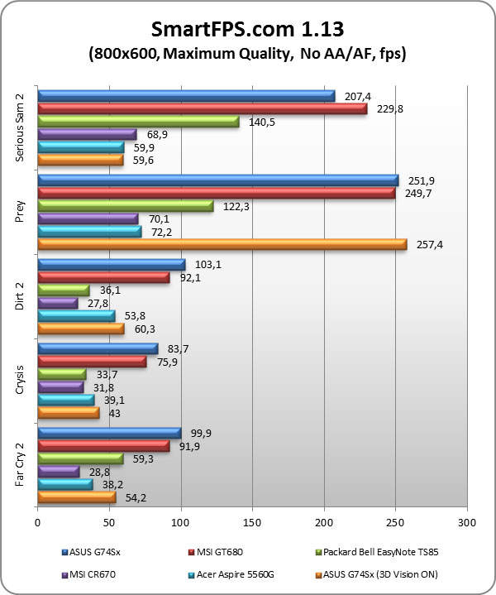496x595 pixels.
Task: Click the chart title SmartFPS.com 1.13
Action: (248, 30)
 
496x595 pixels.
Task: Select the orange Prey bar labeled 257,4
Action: (222, 244)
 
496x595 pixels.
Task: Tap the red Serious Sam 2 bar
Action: (203, 109)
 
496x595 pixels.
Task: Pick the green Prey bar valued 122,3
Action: (126, 205)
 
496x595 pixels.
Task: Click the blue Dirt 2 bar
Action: (112, 265)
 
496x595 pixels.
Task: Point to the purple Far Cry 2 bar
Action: (59, 471)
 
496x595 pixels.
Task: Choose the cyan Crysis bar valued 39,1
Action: (66, 400)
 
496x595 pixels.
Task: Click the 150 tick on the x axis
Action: (252, 523)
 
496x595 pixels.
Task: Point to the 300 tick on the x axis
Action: (467, 523)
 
